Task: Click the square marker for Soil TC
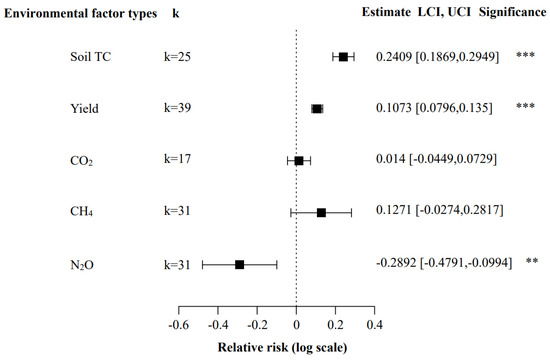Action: click(343, 57)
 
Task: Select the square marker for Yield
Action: click(317, 108)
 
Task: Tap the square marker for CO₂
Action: click(298, 160)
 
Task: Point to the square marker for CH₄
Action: click(321, 212)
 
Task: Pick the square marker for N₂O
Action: click(240, 264)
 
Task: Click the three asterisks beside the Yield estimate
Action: click(523, 108)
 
